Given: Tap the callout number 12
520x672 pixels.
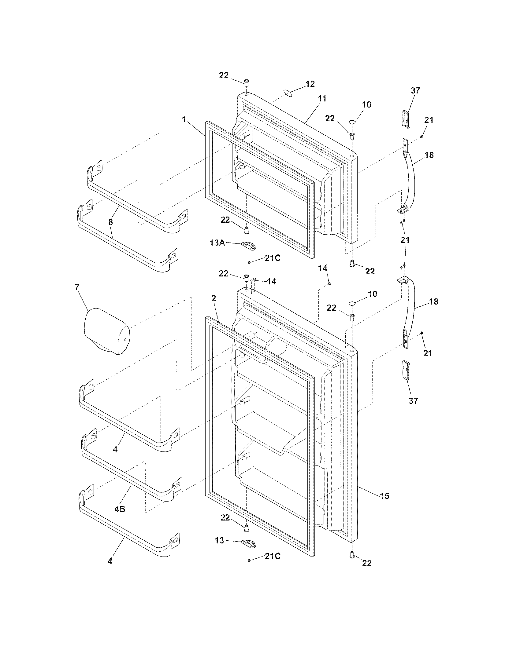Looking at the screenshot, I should point(310,84).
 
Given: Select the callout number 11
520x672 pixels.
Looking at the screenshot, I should point(322,98).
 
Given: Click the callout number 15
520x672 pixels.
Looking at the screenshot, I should point(384,496).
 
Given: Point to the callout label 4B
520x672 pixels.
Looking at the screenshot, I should point(120,509).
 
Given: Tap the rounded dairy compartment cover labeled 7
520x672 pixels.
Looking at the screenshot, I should point(106,332).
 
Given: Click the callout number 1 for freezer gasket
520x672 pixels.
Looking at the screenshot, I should point(184,119).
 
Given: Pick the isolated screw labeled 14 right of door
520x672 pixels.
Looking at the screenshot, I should point(329,283).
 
